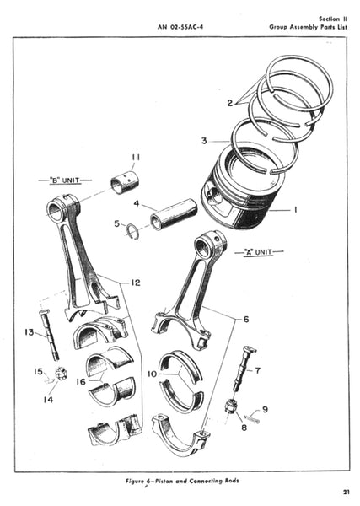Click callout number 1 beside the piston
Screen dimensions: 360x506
(295, 210)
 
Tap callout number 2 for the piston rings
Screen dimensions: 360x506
(229, 103)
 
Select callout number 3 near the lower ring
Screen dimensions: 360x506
(204, 141)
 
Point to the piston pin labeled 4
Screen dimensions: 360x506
(175, 215)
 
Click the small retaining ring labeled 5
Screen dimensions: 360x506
(133, 231)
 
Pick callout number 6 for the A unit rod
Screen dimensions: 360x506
(246, 319)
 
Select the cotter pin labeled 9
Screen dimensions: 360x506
(252, 419)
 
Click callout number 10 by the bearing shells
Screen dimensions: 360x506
(152, 374)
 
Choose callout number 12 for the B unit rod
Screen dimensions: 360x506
(136, 283)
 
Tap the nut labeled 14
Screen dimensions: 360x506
(61, 374)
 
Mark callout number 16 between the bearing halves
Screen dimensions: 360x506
(81, 382)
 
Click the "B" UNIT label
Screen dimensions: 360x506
(65, 180)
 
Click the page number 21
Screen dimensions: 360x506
(347, 493)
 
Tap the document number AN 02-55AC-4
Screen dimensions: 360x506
(180, 27)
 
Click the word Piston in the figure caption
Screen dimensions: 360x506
(164, 481)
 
